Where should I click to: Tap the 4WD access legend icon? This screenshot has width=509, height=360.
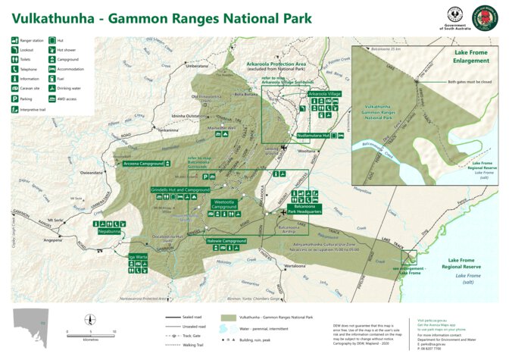click(51, 98)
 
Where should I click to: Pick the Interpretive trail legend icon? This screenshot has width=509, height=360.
click(15, 109)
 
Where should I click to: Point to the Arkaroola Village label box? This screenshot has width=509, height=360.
click(325, 93)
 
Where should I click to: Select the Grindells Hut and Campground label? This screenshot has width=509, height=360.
click(180, 189)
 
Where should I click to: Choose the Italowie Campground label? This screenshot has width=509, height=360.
click(226, 240)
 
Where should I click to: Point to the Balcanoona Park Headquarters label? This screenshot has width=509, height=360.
click(304, 209)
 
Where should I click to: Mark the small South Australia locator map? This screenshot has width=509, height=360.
click(35, 322)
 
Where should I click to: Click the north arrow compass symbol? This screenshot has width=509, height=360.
click(91, 319)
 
